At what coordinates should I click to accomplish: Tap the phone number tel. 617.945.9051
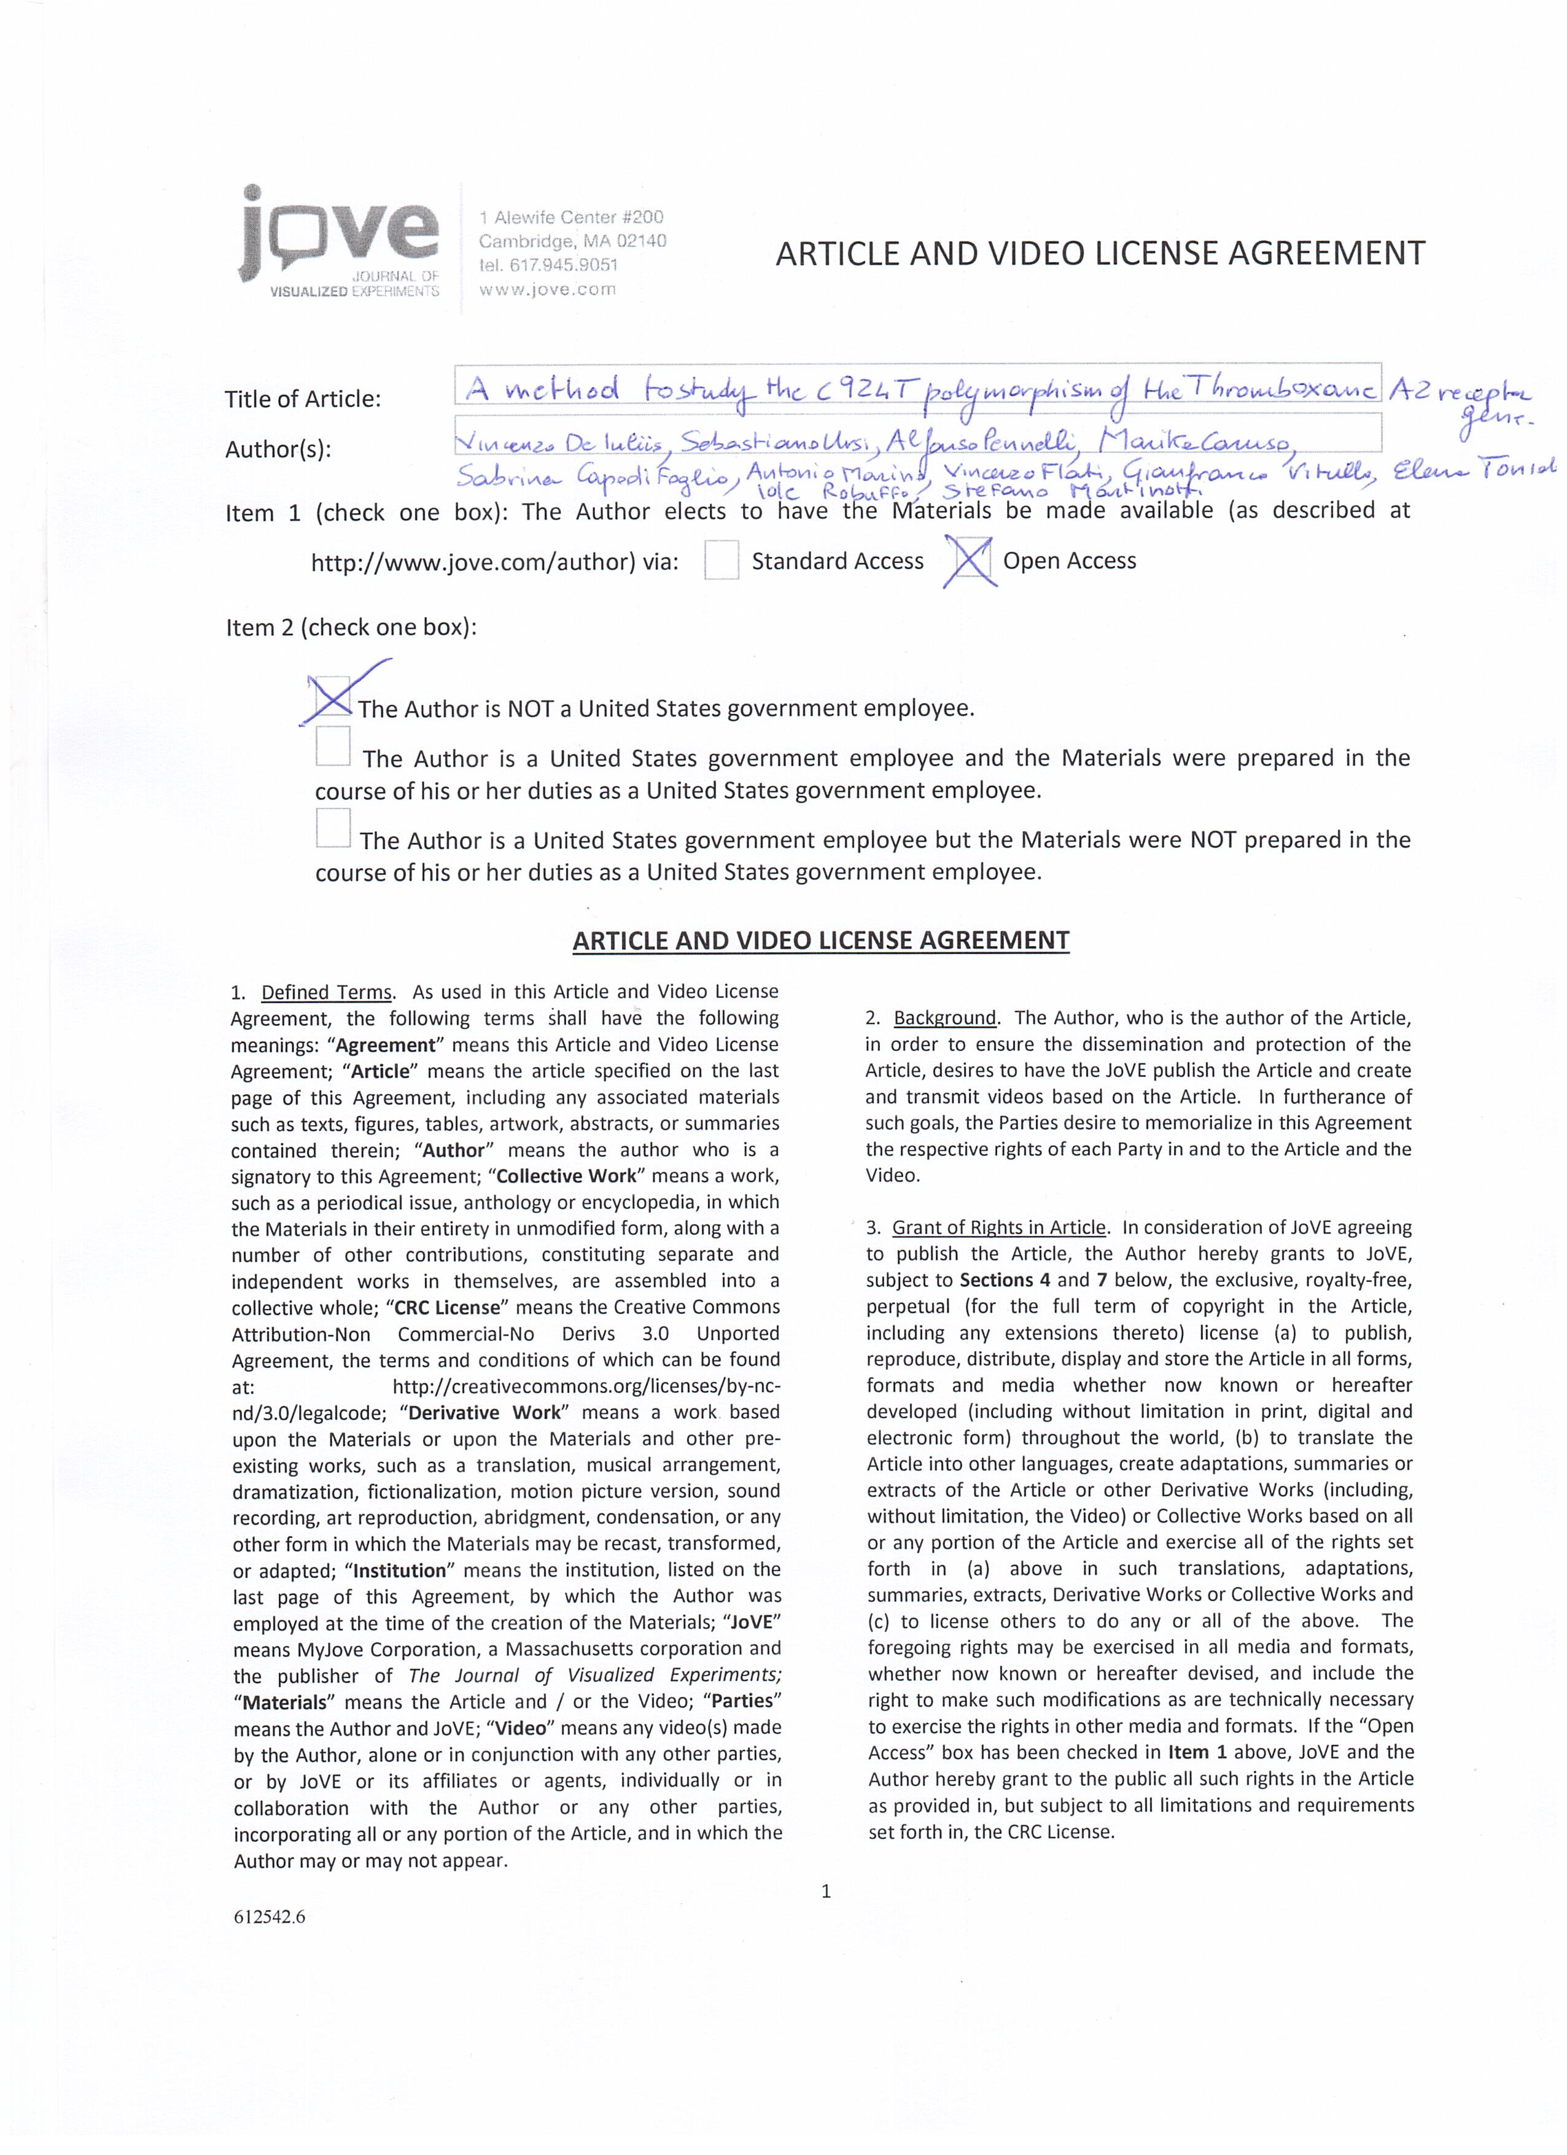tap(548, 265)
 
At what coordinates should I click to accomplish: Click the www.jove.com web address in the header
tap(547, 290)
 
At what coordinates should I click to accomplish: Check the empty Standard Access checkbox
tap(721, 560)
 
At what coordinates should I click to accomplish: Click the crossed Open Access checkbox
tap(968, 560)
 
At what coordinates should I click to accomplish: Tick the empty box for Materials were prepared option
tap(333, 747)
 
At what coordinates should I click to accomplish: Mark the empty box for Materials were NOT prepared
tap(333, 828)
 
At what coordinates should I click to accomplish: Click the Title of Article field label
tap(302, 399)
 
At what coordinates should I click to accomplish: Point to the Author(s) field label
tap(278, 449)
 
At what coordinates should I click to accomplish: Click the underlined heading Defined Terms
tap(326, 992)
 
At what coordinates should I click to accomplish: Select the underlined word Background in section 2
tap(944, 1018)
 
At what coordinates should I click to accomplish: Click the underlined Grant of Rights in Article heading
tap(1000, 1228)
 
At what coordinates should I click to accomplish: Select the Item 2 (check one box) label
tap(351, 627)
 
